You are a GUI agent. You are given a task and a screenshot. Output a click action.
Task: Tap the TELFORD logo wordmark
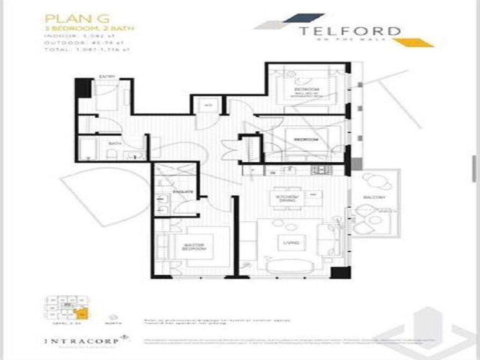[x=350, y=31]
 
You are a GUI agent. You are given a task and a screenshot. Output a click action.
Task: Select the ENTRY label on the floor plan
[x=104, y=76]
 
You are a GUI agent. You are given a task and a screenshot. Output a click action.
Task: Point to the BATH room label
[x=112, y=143]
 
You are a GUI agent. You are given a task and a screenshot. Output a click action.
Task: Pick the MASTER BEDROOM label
[x=195, y=247]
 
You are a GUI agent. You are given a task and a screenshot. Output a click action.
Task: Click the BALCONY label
[x=374, y=198]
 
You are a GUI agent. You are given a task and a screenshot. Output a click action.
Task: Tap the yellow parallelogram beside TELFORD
[x=412, y=43]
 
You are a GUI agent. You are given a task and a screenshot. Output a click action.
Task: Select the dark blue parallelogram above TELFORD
[x=304, y=18]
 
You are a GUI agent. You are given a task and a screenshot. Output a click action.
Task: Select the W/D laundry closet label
[x=209, y=105]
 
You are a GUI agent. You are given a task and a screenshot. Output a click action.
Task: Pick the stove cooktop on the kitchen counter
[x=322, y=170]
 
